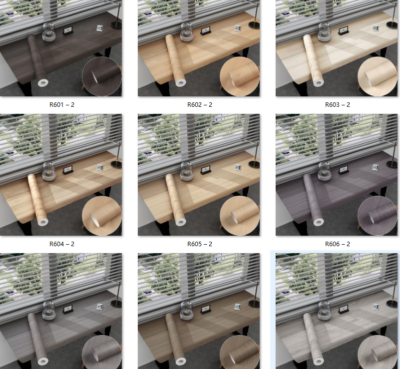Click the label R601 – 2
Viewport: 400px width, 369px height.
click(62, 105)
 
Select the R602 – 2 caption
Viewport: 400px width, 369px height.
click(200, 105)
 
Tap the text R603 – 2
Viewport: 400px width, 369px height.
click(338, 105)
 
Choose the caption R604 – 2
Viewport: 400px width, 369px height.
click(62, 244)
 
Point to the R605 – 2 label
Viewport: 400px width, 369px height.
click(200, 244)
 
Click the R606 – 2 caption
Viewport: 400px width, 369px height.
click(338, 244)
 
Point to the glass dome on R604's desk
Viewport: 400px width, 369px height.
click(48, 171)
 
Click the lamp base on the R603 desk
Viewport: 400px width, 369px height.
click(392, 23)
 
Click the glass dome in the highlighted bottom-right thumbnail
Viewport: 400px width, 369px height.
click(324, 310)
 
